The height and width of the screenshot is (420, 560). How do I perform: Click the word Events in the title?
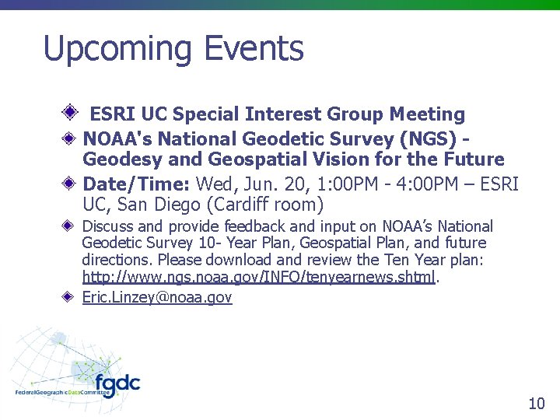254,49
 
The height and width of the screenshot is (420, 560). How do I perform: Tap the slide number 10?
536,403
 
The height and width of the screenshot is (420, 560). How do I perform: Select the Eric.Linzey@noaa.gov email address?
157,296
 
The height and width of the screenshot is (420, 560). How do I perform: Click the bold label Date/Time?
136,184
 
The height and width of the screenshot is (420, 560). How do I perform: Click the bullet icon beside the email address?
69,296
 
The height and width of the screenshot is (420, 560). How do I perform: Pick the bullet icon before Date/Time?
69,184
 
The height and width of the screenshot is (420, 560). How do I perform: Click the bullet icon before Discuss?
69,226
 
